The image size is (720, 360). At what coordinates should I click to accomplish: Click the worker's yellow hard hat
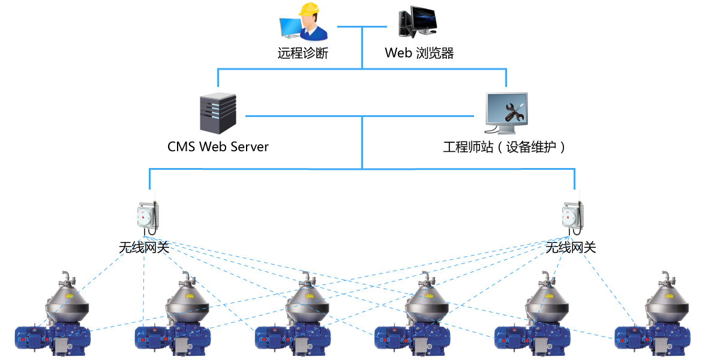(x=309, y=8)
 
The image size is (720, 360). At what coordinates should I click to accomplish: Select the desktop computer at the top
(x=417, y=22)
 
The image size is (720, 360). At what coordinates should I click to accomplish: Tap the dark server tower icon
(x=218, y=113)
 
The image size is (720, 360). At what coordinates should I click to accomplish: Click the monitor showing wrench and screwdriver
(x=506, y=112)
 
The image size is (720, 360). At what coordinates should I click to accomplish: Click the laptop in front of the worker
(x=291, y=28)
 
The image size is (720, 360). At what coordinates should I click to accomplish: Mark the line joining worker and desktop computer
(x=362, y=26)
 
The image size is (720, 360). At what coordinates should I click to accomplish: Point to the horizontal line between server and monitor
(x=360, y=116)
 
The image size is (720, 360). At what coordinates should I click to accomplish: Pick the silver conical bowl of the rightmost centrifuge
(x=666, y=303)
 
